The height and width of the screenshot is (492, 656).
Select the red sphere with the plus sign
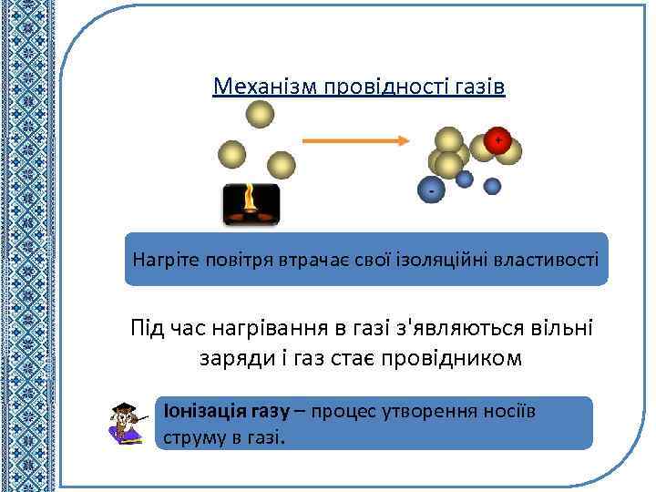click(497, 140)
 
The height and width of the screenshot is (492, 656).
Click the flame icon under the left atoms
click(251, 204)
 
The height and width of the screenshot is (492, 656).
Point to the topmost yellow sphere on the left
click(260, 114)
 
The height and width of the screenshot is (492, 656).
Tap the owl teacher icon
click(128, 423)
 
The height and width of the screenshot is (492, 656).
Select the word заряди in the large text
click(234, 357)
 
